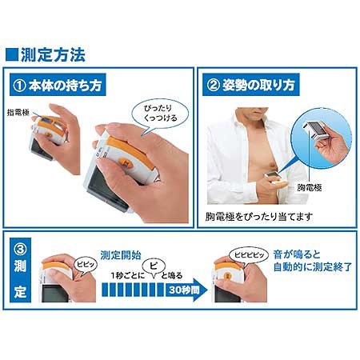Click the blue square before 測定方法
pyautogui.click(x=12, y=54)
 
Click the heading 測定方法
pyautogui.click(x=53, y=54)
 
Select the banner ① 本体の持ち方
pyautogui.click(x=58, y=85)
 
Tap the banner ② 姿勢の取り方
pyautogui.click(x=250, y=85)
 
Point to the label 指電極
pyautogui.click(x=18, y=113)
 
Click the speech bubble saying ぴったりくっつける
pyautogui.click(x=160, y=114)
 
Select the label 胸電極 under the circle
pyautogui.click(x=310, y=187)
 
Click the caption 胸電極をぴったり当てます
pyautogui.click(x=258, y=216)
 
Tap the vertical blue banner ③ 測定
pyautogui.click(x=20, y=270)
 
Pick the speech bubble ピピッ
pyautogui.click(x=86, y=264)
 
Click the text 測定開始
pyautogui.click(x=121, y=255)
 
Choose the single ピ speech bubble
pyautogui.click(x=154, y=266)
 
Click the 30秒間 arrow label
pyautogui.click(x=184, y=290)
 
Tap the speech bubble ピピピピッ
pyautogui.click(x=250, y=255)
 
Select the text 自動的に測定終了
pyautogui.click(x=313, y=266)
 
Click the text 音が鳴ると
pyautogui.click(x=297, y=254)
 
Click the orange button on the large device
pyautogui.click(x=124, y=162)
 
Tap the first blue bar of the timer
pyautogui.click(x=105, y=290)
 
